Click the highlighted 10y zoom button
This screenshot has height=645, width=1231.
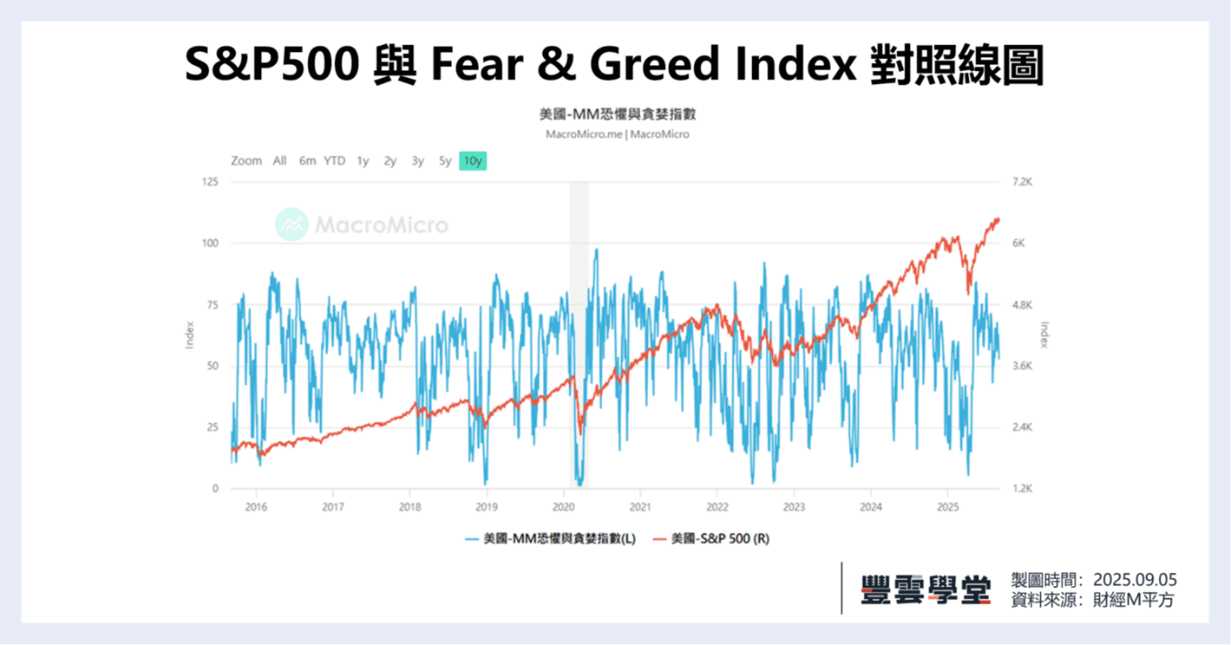pos(473,161)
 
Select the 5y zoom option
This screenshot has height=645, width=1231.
pos(445,161)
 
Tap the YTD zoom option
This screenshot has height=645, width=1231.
pos(334,161)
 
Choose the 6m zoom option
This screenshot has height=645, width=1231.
pos(307,161)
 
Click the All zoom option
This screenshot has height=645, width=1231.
pos(280,161)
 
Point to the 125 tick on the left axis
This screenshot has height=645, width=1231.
pos(210,182)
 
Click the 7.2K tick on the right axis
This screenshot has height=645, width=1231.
pos(1022,182)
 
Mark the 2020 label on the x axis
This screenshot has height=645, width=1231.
pos(563,507)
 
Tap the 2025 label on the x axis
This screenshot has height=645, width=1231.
pos(948,507)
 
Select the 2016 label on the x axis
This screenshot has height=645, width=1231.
pos(256,507)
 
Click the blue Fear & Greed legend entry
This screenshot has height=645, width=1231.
pos(551,539)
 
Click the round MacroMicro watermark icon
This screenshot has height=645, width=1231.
pos(292,224)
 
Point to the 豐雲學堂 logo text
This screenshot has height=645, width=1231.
pos(925,589)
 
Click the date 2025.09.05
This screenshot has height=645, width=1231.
pos(1135,580)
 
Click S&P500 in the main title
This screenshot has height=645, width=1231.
pos(272,64)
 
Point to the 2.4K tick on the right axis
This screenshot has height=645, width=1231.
pos(1022,427)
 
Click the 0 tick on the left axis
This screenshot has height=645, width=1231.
pos(215,488)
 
